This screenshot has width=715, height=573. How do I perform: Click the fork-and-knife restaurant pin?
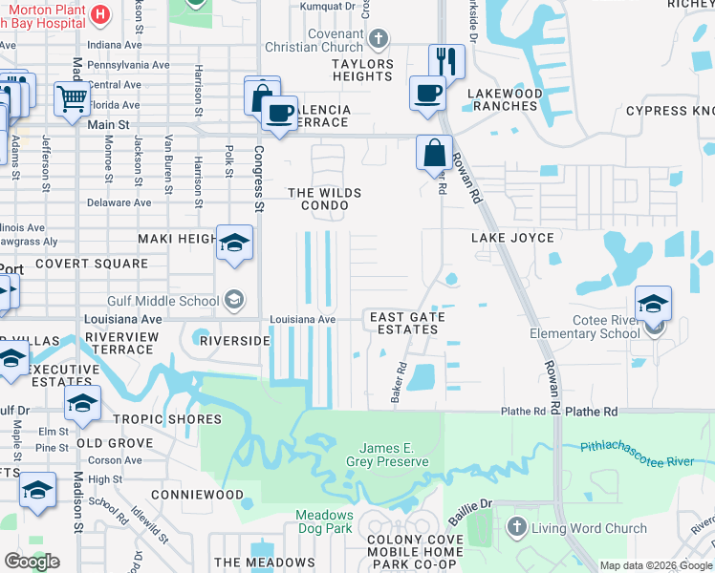(446, 61)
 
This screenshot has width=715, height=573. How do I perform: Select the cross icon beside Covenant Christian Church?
(379, 39)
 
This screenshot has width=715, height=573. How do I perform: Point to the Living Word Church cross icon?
(516, 527)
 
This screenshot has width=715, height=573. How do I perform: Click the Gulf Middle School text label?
(162, 301)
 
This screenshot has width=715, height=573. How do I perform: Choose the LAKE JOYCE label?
(511, 238)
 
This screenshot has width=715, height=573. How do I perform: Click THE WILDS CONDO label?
(325, 199)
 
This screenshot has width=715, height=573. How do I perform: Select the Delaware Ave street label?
(119, 202)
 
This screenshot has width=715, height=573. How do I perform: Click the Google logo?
(32, 562)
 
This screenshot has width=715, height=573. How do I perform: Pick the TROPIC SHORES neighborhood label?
(167, 419)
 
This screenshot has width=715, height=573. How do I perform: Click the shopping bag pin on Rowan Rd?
(434, 153)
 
